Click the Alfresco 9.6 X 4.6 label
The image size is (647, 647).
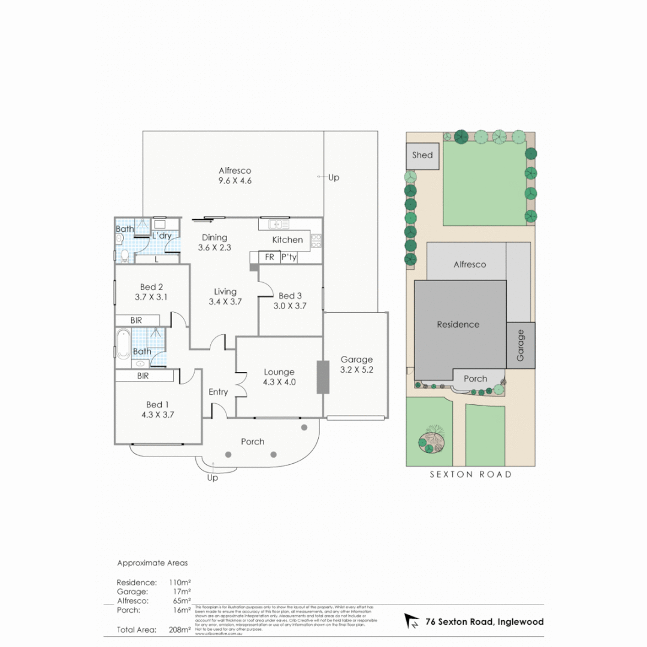(235, 176)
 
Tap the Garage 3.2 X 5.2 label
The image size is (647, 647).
(356, 364)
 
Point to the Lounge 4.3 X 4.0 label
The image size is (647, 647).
(279, 376)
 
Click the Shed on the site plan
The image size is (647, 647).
(422, 155)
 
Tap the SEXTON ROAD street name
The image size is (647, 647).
(470, 474)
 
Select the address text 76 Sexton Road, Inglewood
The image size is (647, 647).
(484, 622)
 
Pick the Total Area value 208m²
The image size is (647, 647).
(180, 630)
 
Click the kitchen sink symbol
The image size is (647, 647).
(275, 224)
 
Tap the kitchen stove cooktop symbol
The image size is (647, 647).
(316, 240)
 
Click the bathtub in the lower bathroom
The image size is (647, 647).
(123, 344)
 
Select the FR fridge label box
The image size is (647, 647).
(269, 258)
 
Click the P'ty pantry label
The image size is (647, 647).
(289, 258)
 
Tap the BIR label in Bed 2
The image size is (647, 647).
(137, 321)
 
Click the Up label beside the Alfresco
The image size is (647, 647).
(334, 177)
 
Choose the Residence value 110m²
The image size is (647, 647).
(180, 582)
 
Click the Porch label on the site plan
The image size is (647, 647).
(476, 379)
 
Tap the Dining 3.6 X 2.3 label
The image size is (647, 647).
(214, 242)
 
